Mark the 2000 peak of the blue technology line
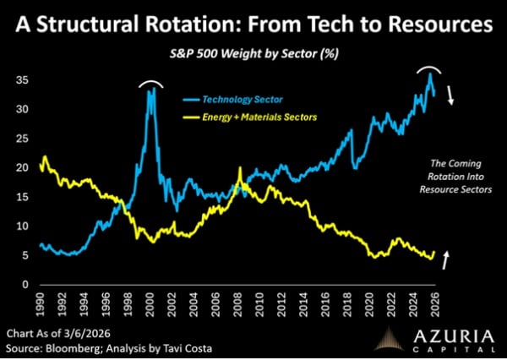point(151,88)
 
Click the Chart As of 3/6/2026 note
point(60,331)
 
